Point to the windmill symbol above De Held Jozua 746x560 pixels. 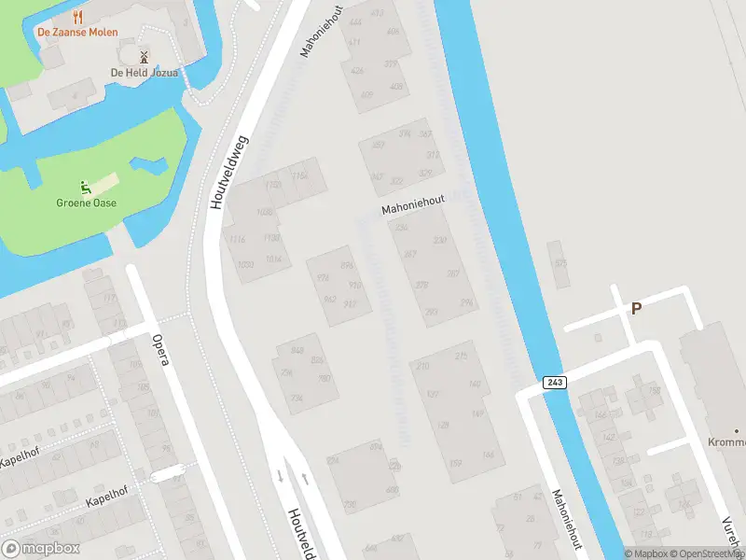click(144, 57)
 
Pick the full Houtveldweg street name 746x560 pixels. click(228, 170)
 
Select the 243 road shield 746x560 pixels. click(552, 382)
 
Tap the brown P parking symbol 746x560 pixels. click(637, 308)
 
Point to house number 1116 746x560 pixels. click(237, 239)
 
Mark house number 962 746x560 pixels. click(329, 300)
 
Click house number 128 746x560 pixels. click(443, 426)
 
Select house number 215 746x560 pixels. click(461, 357)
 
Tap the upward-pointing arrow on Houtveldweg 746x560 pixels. click(304, 478)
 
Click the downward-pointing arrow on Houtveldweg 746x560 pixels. click(280, 476)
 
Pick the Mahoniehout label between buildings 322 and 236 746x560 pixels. click(413, 205)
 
